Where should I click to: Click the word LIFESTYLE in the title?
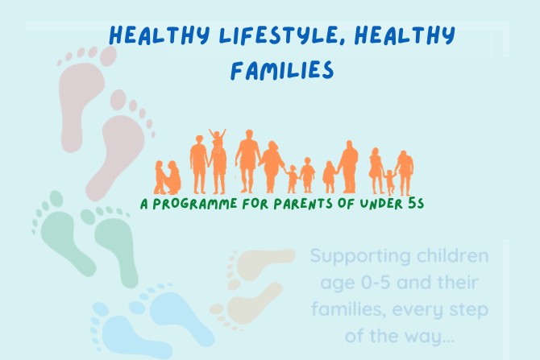pyautogui.click(x=278, y=35)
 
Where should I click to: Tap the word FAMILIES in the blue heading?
pyautogui.click(x=282, y=70)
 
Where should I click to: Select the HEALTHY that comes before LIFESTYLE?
pyautogui.click(x=160, y=35)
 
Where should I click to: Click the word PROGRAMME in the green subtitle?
pyautogui.click(x=195, y=204)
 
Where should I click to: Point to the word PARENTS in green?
pyautogui.click(x=303, y=204)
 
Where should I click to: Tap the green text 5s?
pyautogui.click(x=416, y=204)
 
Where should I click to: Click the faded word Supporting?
pyautogui.click(x=360, y=256)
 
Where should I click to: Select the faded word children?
pyautogui.click(x=452, y=255)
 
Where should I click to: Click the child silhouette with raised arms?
pyautogui.click(x=218, y=138)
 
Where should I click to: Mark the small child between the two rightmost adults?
pyautogui.click(x=389, y=182)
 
